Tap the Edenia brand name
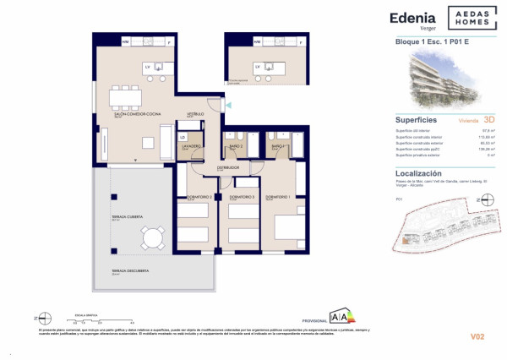click(x=412, y=17)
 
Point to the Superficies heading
click(x=416, y=120)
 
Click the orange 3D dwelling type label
click(x=488, y=121)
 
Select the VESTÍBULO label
click(x=196, y=113)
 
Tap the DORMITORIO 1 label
click(x=278, y=197)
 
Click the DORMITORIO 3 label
click(x=242, y=197)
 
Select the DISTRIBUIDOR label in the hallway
click(x=228, y=167)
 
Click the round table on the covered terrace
click(x=153, y=239)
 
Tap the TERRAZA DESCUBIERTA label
click(x=130, y=271)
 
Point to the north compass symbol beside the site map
click(x=486, y=200)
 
